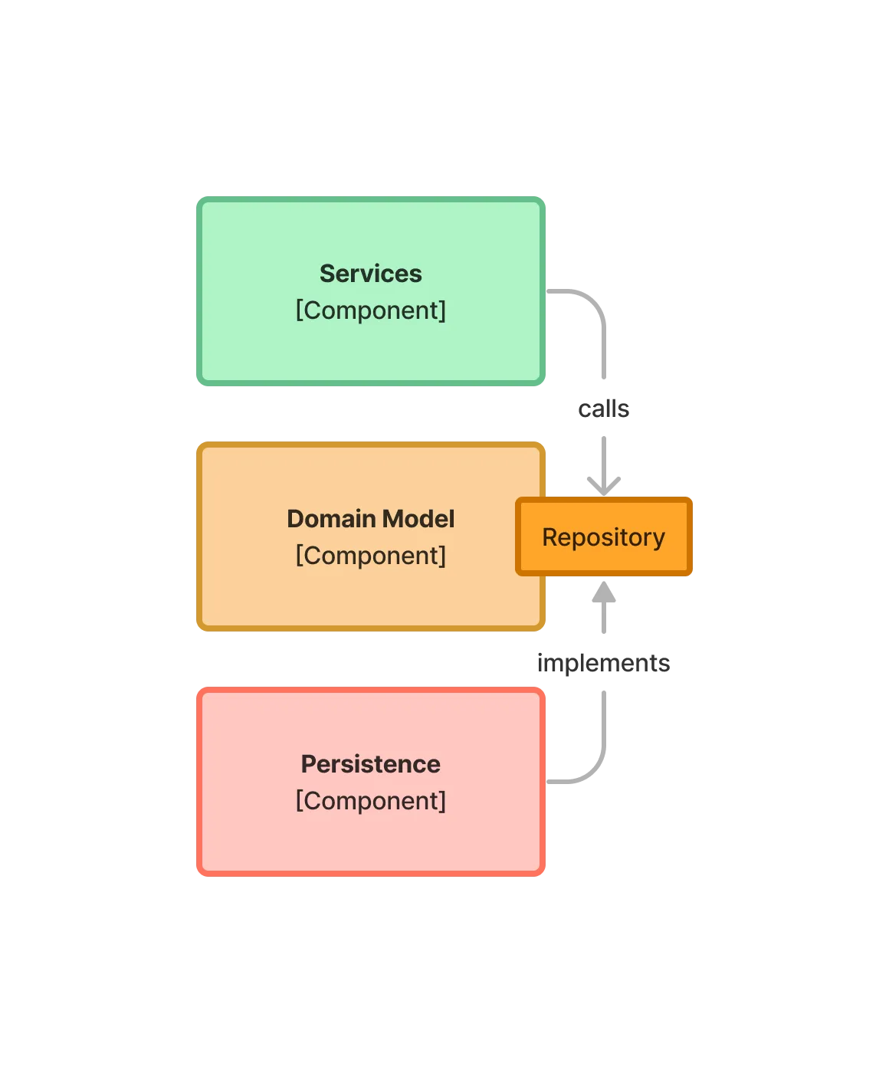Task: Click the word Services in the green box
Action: point(370,274)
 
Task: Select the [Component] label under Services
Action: point(370,310)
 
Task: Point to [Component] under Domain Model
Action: point(370,556)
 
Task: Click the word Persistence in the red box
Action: point(370,764)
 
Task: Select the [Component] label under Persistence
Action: point(370,801)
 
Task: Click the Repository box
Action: point(604,536)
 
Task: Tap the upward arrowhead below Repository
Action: point(604,592)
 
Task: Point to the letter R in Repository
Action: point(549,537)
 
